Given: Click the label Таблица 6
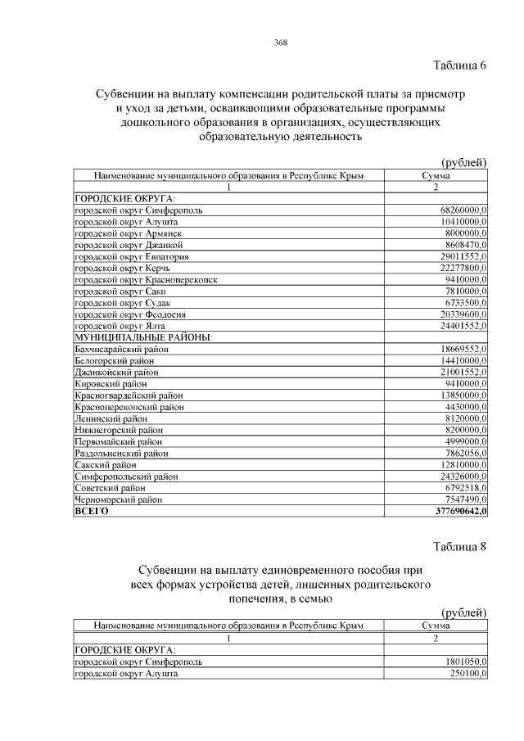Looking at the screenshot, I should [458, 66].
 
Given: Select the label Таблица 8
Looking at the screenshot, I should [458, 546].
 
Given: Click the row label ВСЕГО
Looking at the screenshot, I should [92, 511].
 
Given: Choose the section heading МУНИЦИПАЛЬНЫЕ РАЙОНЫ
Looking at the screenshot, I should [143, 337].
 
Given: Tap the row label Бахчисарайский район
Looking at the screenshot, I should [122, 349].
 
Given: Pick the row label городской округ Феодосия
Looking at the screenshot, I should [130, 314].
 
